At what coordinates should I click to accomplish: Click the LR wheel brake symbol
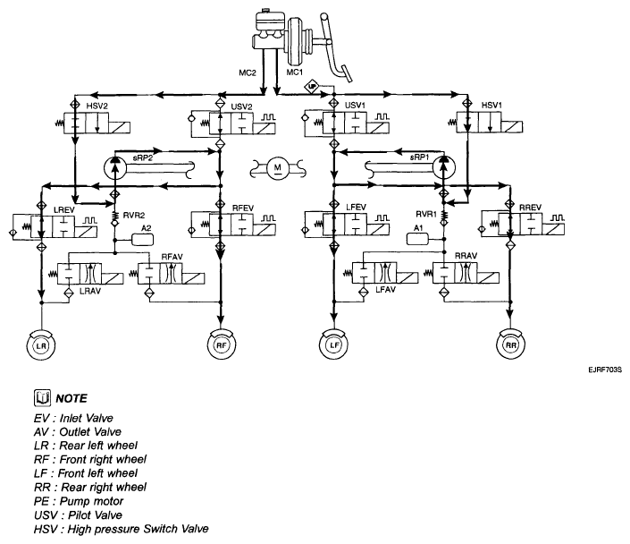(x=41, y=345)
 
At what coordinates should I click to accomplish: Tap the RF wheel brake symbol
(x=222, y=344)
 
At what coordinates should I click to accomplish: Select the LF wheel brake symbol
(x=334, y=344)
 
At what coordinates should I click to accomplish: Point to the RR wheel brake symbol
(x=510, y=344)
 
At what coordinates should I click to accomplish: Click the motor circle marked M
(x=278, y=167)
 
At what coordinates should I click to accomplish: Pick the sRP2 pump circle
(x=115, y=168)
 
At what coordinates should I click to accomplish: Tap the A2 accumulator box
(x=143, y=240)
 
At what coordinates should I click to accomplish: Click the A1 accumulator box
(x=418, y=239)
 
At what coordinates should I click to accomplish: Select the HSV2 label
(x=97, y=106)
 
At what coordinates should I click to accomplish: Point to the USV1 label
(x=355, y=106)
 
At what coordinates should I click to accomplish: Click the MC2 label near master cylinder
(x=248, y=72)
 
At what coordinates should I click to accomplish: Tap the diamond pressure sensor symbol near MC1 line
(x=311, y=87)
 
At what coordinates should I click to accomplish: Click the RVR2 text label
(x=134, y=216)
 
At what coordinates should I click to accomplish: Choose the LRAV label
(x=90, y=291)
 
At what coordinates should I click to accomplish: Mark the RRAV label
(x=466, y=256)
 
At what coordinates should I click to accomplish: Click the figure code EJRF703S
(x=605, y=370)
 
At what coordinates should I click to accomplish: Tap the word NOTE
(x=71, y=398)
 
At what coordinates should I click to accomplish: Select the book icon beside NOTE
(x=42, y=398)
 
